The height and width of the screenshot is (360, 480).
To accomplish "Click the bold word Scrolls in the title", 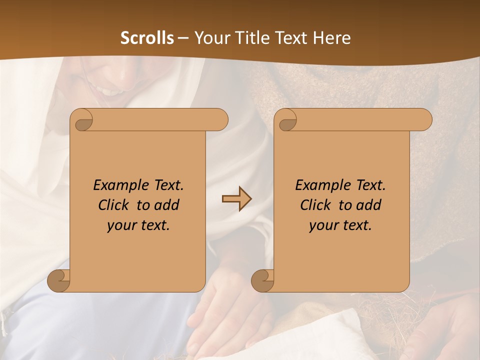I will point(147,38).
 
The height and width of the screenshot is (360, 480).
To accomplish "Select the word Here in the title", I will point(332,38).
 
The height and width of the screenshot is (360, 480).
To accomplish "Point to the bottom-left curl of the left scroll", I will point(58,281).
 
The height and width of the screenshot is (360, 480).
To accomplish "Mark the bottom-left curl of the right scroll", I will point(262,281).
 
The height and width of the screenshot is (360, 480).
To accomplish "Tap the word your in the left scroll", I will point(121,225).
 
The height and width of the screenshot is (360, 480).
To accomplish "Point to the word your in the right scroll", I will point(323,225).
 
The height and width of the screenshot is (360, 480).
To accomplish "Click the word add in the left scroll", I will point(166,205).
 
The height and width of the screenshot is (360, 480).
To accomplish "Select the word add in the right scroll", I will point(368,205).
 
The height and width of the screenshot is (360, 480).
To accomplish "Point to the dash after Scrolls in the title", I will point(183,38).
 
